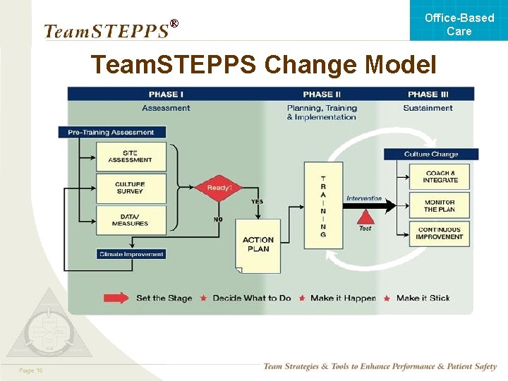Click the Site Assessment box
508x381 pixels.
point(131,156)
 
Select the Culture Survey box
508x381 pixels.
point(131,188)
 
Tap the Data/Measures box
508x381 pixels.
point(131,219)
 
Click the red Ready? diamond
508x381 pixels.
point(219,188)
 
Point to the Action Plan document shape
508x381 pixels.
point(258,245)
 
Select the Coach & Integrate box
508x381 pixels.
point(440,176)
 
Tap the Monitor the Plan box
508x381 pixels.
point(440,205)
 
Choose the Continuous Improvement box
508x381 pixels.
point(440,233)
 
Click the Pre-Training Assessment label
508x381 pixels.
point(111,132)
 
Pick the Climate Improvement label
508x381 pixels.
point(131,254)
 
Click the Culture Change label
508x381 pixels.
point(431,154)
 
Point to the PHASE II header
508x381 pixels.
point(322,95)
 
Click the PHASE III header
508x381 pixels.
point(428,95)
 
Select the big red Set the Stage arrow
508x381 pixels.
point(116,298)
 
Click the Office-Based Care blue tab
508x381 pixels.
point(459,24)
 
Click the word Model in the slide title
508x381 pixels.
point(402,65)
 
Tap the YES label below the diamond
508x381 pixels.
point(257,202)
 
